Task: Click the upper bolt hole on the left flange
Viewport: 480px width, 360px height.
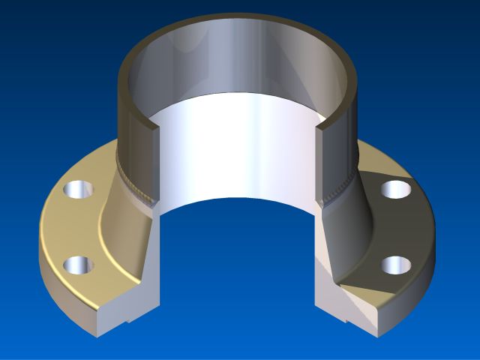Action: (76, 190)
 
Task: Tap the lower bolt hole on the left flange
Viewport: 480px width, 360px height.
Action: (78, 265)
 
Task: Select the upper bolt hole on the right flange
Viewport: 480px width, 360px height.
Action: (395, 189)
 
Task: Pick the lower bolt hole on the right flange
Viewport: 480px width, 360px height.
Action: (395, 265)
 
